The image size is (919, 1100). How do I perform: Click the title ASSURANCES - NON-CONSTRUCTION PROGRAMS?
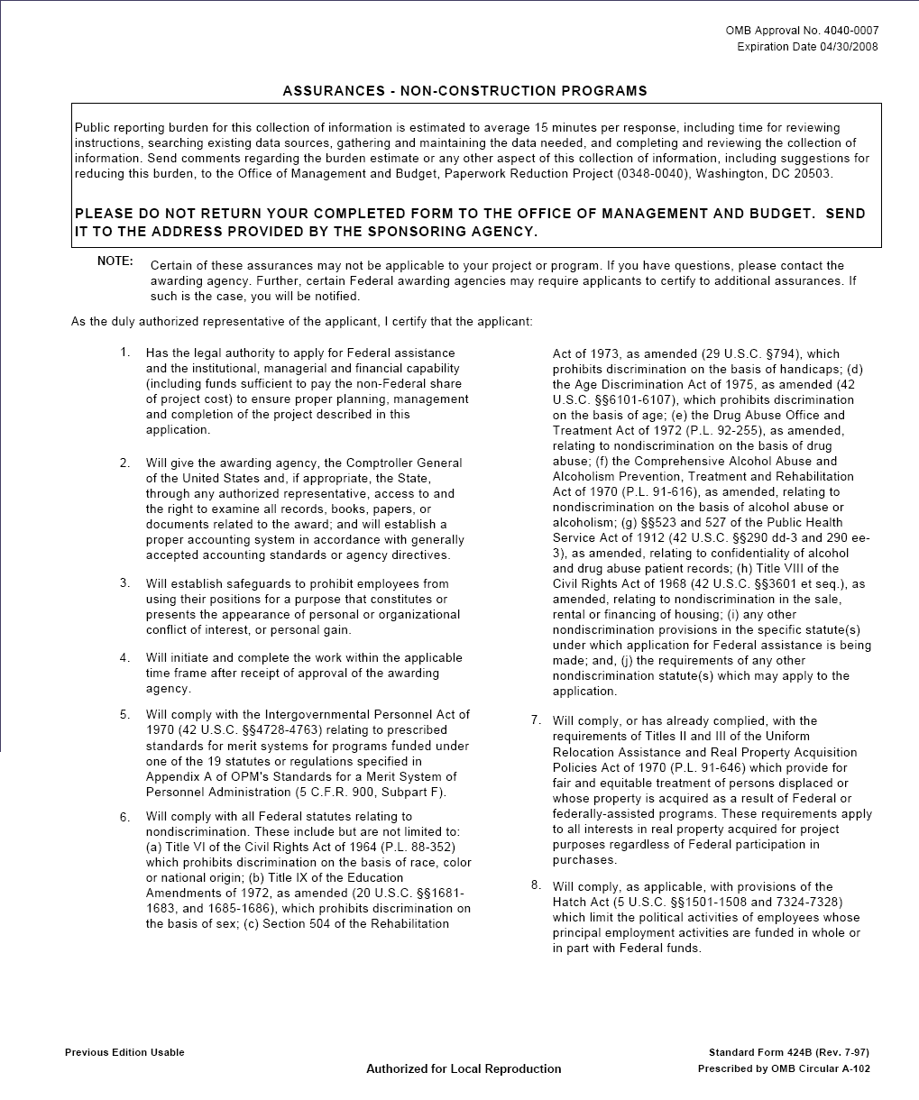point(464,91)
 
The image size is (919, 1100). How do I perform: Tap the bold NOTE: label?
point(115,261)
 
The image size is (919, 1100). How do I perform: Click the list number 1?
point(125,352)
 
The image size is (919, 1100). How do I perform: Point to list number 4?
point(125,657)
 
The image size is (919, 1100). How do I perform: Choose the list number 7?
point(536,720)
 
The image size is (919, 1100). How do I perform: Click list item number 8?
point(536,885)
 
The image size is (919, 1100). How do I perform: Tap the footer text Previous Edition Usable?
point(124,1052)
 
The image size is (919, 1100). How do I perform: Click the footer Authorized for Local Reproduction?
point(464,1068)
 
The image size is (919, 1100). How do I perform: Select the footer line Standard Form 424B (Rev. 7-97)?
point(789,1052)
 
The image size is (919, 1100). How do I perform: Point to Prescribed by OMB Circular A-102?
point(784,1068)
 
